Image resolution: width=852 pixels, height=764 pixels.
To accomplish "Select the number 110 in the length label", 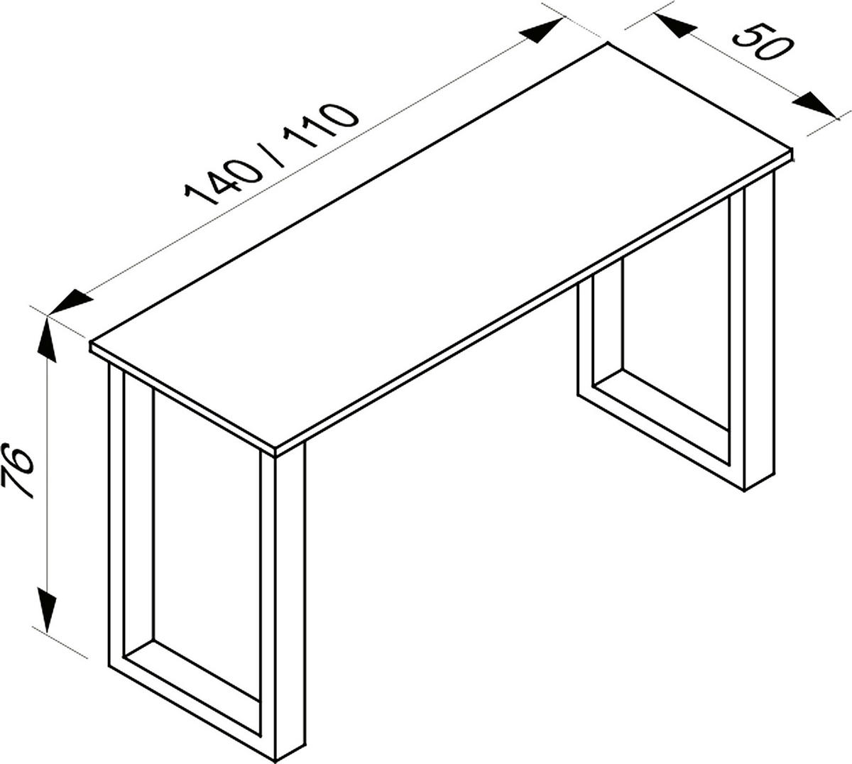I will tap(320, 128).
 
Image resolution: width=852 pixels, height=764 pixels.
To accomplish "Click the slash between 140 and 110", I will tap(273, 153).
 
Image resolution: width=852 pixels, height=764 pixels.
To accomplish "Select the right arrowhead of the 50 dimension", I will tap(815, 105).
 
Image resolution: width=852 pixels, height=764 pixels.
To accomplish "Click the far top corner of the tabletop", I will tap(608, 45).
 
